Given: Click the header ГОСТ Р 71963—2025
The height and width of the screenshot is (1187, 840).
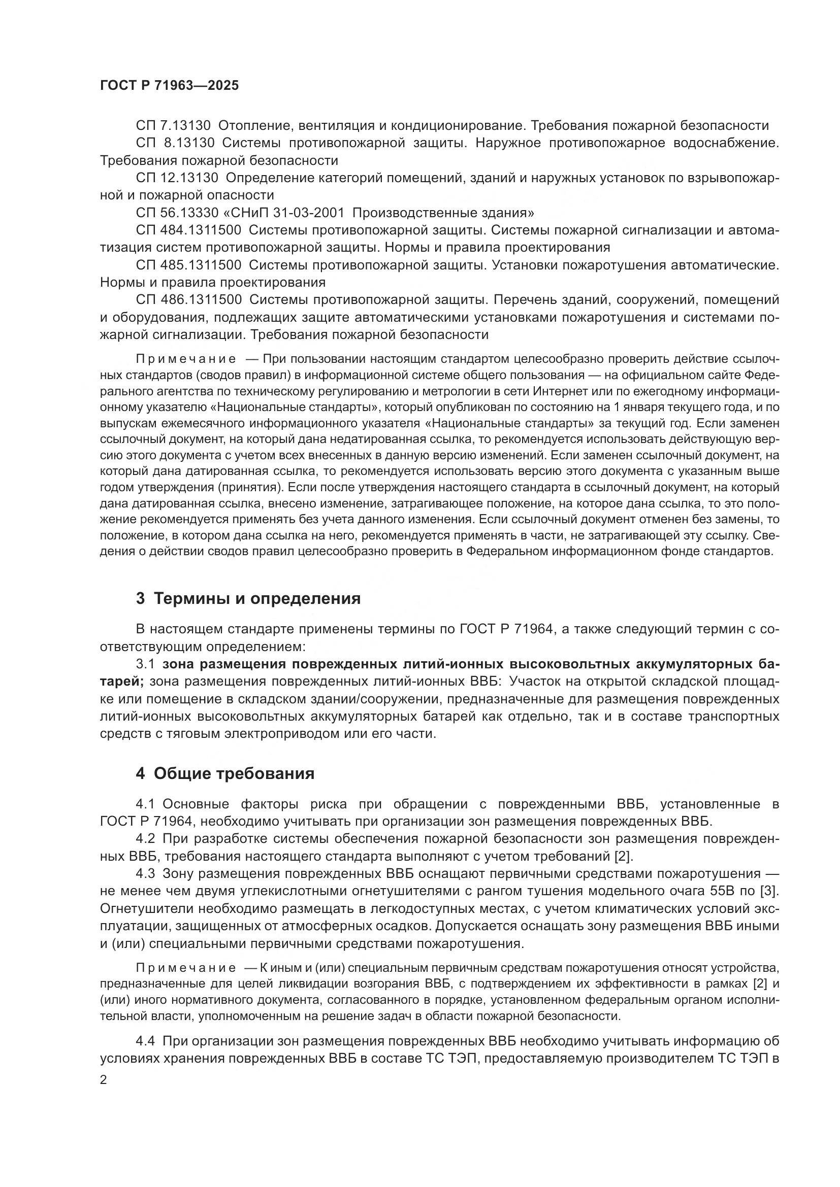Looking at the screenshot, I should [x=169, y=86].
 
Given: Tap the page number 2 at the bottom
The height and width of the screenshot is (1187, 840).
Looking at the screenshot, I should [x=104, y=1080].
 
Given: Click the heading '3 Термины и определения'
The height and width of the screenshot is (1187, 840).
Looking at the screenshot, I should [x=248, y=599].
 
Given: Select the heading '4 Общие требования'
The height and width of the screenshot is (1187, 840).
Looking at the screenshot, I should [x=225, y=774].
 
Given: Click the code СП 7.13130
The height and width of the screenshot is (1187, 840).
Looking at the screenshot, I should [x=173, y=126].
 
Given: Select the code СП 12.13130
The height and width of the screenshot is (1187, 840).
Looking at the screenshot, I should [x=177, y=178].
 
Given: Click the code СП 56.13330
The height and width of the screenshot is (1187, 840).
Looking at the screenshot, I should [x=177, y=213].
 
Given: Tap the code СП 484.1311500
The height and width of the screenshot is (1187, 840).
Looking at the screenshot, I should [x=188, y=230].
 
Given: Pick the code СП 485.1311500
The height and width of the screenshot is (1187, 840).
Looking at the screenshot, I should [x=188, y=265].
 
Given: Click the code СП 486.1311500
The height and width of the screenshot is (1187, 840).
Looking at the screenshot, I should [x=188, y=300].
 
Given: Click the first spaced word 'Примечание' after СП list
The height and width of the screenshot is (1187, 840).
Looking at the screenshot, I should [x=186, y=359].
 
